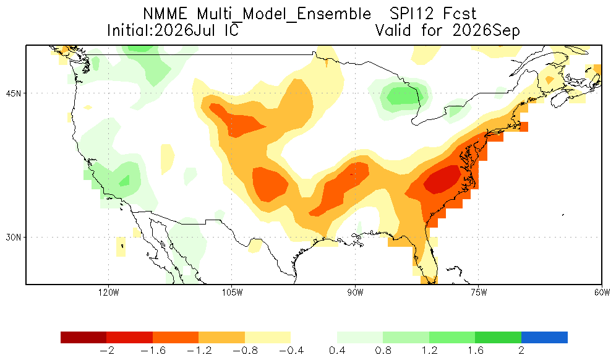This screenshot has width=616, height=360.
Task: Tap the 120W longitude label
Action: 109,293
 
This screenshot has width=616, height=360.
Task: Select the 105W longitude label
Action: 232,293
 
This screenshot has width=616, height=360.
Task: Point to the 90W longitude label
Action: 355,293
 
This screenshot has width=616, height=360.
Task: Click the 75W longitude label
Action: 479,293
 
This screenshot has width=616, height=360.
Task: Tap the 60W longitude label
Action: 602,293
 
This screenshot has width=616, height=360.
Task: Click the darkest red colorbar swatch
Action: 83,338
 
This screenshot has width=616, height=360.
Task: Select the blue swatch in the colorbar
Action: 544,338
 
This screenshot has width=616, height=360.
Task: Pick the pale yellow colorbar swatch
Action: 268,338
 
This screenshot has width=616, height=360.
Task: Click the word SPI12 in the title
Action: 411,14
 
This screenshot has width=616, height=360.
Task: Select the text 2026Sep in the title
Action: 486,31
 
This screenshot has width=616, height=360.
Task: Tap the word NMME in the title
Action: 165,14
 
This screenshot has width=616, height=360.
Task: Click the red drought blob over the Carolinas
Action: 443,179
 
